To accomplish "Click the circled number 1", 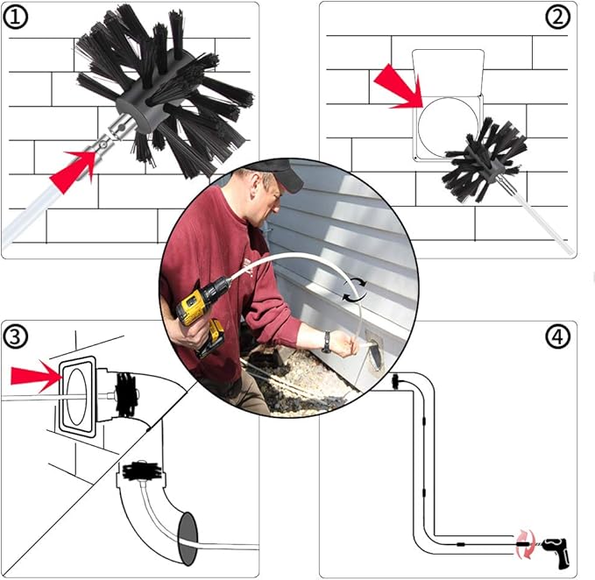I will point(17,18).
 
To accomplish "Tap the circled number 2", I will point(559,18).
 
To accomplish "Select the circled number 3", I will point(17,336).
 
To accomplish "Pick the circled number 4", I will point(559,336).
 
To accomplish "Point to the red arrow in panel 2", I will point(398,88).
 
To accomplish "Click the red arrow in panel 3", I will point(35,377).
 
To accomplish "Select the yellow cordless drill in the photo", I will point(201,313).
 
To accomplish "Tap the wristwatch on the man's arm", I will point(326,340).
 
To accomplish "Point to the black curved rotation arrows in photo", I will point(354,289).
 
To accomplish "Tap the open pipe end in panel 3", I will point(188,534).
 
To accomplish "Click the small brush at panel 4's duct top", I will point(396,381).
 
